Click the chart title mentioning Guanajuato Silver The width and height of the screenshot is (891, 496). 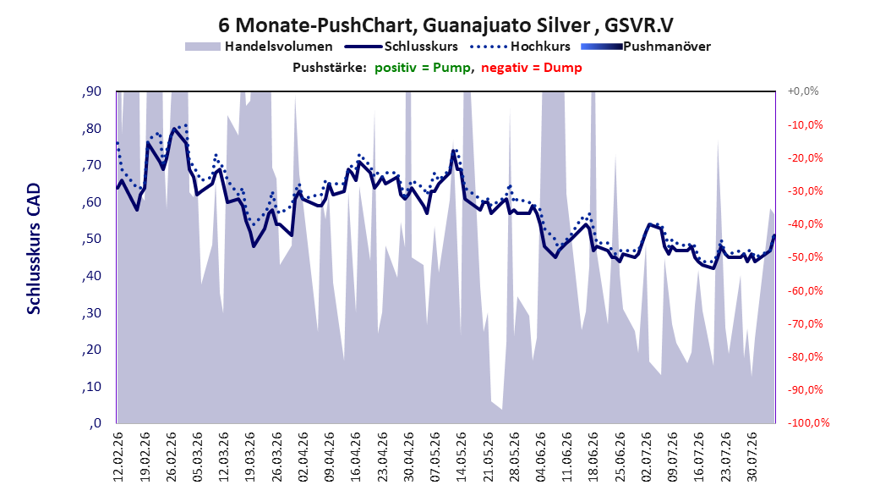click(x=445, y=25)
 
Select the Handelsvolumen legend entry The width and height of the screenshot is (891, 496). click(x=260, y=47)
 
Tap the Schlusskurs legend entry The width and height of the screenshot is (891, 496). click(x=402, y=47)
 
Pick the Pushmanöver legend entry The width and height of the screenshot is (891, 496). click(x=646, y=47)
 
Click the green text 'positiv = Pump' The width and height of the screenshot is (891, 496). click(x=423, y=68)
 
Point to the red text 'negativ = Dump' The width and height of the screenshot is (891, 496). click(x=532, y=68)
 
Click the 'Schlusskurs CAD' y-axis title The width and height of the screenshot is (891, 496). click(x=34, y=249)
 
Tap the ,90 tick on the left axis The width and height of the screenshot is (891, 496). click(x=91, y=91)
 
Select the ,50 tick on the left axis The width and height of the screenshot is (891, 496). click(x=91, y=239)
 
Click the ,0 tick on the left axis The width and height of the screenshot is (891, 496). click(x=95, y=422)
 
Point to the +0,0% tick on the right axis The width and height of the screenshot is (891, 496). click(x=803, y=91)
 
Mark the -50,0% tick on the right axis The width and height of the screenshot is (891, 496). click(x=805, y=257)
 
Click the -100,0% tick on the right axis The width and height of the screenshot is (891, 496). click(x=808, y=422)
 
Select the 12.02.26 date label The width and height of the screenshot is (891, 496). click(x=118, y=457)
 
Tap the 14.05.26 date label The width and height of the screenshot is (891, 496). click(x=462, y=457)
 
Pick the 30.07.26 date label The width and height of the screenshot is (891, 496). click(x=752, y=457)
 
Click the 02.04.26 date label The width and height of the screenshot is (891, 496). click(x=303, y=457)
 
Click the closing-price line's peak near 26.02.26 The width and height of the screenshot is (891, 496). click(x=174, y=129)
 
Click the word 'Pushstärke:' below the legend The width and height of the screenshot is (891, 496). click(x=330, y=68)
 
